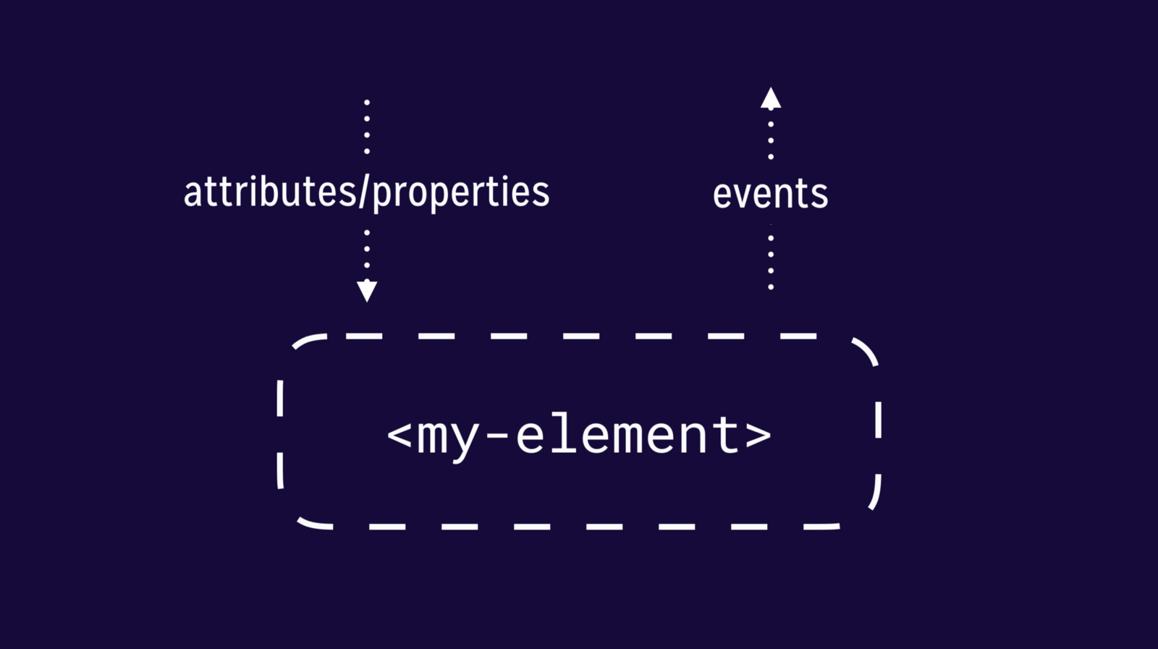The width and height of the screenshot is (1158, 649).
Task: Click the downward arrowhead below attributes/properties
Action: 367,291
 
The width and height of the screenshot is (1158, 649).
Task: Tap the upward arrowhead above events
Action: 771,98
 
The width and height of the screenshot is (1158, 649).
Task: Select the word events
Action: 770,194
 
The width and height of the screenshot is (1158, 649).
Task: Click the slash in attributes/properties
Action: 365,192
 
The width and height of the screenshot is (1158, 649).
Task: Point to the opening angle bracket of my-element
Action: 399,435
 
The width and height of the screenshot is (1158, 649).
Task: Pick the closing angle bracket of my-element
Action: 758,435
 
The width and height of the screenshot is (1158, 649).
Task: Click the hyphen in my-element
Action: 497,437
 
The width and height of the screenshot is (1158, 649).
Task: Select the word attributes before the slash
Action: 270,191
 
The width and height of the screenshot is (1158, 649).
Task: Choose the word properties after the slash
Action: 460,194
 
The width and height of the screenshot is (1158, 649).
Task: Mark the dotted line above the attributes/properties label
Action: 367,127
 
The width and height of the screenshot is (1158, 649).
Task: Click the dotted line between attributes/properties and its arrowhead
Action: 367,249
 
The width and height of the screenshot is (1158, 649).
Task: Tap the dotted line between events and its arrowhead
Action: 771,140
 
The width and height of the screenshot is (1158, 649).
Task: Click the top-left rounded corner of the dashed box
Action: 309,341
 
